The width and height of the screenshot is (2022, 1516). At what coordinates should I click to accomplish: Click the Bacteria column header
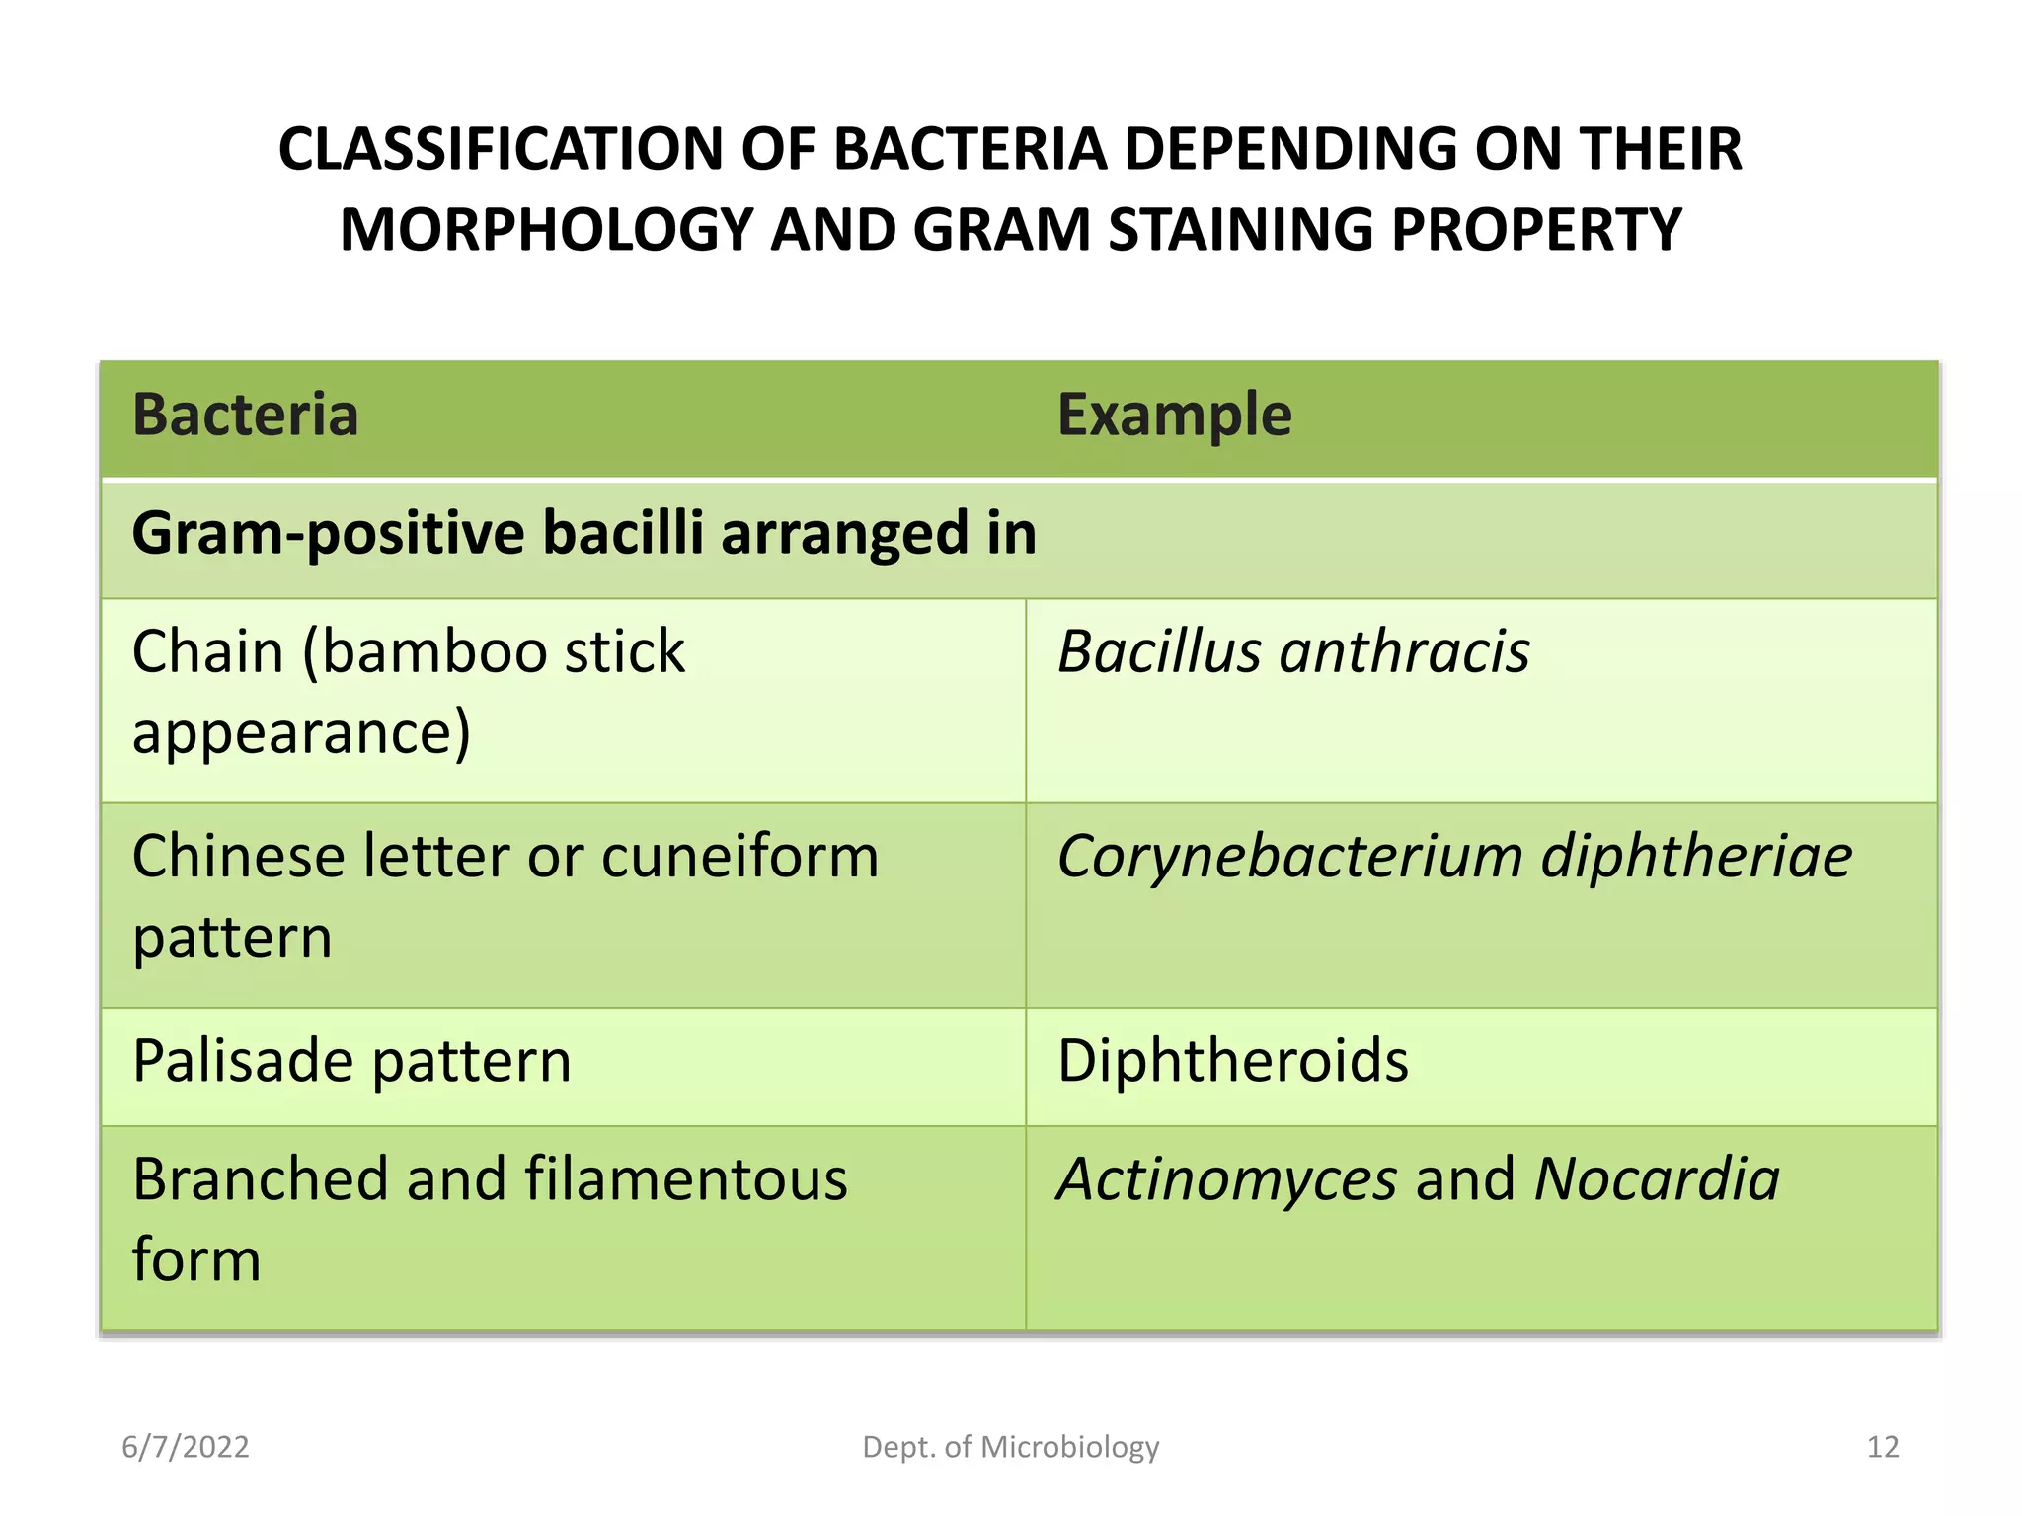coord(245,415)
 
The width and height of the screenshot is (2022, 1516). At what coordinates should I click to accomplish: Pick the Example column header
coord(1174,415)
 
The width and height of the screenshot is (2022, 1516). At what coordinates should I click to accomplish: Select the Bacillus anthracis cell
coord(1292,652)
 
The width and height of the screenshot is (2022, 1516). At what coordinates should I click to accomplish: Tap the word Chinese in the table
coord(237,856)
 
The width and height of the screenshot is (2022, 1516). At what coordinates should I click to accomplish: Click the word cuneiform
coord(739,856)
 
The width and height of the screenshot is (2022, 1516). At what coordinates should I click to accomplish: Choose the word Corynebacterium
coord(1289,856)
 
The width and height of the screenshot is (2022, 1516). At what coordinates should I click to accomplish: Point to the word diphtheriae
coord(1696,856)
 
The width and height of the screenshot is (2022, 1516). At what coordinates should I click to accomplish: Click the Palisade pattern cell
coord(351,1062)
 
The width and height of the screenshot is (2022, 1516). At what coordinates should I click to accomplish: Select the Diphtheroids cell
coord(1232,1062)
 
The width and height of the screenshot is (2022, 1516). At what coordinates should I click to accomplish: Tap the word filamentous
coord(685,1179)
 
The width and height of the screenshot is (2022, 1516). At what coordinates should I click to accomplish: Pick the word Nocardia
coord(1657,1179)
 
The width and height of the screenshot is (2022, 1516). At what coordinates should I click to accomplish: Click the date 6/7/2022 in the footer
coord(186,1447)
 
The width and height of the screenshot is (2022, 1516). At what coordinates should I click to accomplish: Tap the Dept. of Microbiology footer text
coord(1010,1447)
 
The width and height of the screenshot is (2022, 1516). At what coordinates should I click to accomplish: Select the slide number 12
coord(1883,1447)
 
